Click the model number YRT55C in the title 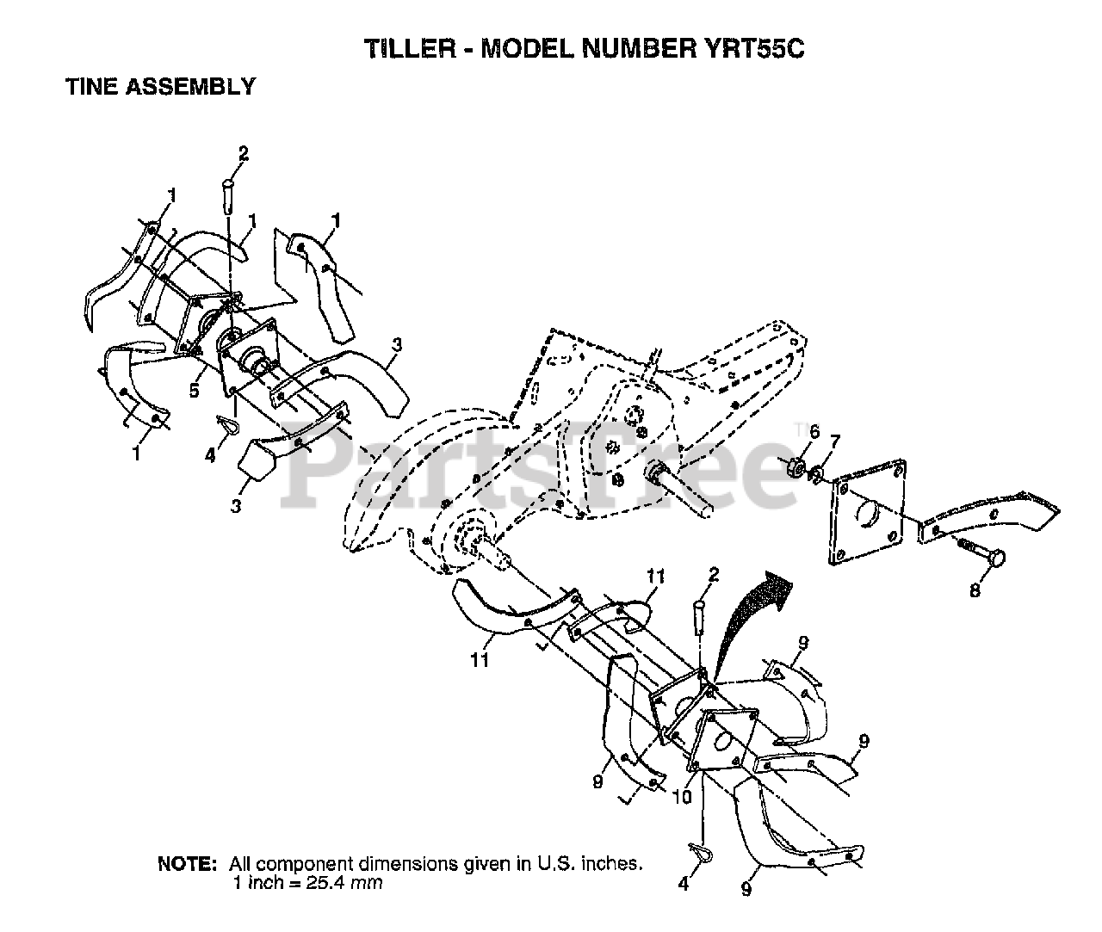(747, 49)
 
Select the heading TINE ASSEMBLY (161, 87)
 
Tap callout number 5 (195, 391)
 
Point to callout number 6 (814, 430)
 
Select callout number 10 (680, 797)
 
